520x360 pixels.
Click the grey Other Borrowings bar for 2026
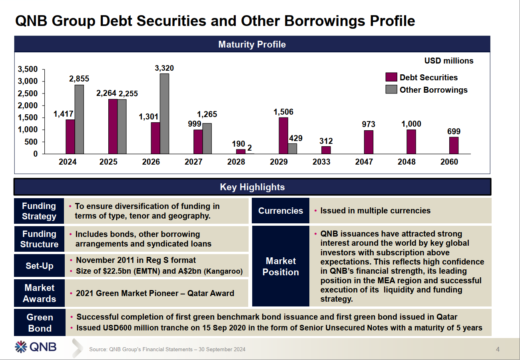[x=164, y=114]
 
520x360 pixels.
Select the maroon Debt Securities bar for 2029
[x=283, y=135]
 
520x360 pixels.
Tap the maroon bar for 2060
[x=454, y=145]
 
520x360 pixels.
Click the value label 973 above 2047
[x=368, y=125]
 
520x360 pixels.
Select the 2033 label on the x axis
[x=321, y=162]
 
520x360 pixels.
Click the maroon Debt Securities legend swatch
[x=391, y=78]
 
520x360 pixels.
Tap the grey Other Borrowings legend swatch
[x=391, y=90]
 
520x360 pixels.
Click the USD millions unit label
[x=448, y=61]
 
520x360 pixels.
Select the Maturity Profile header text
[x=252, y=44]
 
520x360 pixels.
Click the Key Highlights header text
[x=252, y=187]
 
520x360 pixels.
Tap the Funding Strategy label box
[x=39, y=211]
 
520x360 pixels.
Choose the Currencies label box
[x=281, y=211]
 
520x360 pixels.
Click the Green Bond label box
[x=39, y=323]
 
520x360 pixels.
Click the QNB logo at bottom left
[x=36, y=347]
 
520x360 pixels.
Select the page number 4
[x=498, y=349]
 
